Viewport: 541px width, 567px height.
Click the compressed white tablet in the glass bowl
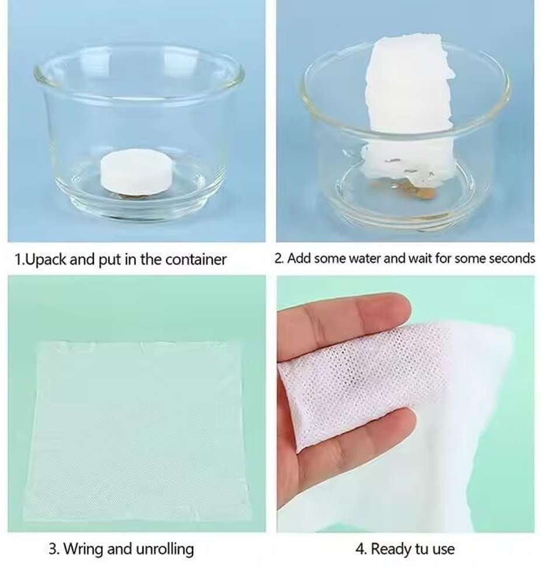pyautogui.click(x=137, y=172)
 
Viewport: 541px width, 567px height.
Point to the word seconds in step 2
pyautogui.click(x=512, y=258)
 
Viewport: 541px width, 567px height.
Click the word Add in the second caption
pyautogui.click(x=298, y=258)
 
